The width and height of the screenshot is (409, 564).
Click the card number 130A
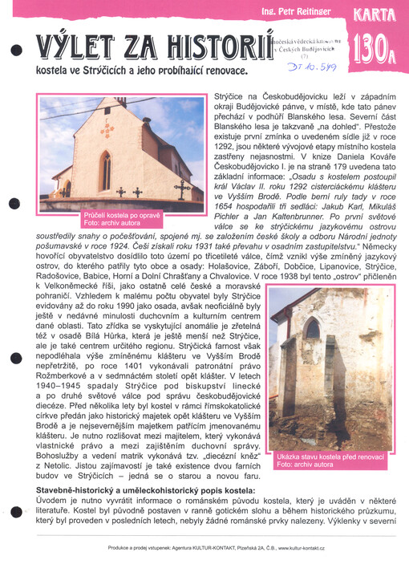[x=371, y=49]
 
